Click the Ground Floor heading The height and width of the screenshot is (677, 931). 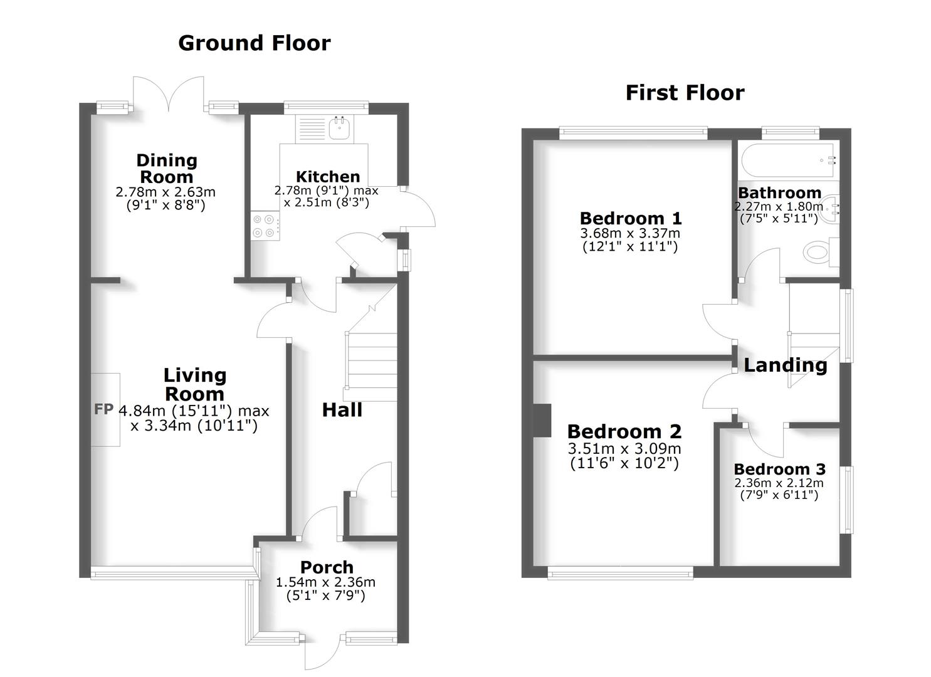254,43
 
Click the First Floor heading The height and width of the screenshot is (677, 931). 685,93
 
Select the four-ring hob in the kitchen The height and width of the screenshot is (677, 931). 265,226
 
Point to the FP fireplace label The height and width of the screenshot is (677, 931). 103,409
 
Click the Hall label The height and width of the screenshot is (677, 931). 342,410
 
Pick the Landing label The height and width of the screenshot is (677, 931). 785,365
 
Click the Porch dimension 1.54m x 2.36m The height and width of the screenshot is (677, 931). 325,582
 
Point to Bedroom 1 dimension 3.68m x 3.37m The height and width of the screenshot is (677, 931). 629,233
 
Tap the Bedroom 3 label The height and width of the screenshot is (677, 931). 779,469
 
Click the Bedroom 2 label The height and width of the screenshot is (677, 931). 624,431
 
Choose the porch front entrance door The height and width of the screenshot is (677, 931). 323,652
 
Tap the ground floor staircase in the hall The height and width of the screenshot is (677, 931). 371,364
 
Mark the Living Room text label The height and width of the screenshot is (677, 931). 194,384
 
